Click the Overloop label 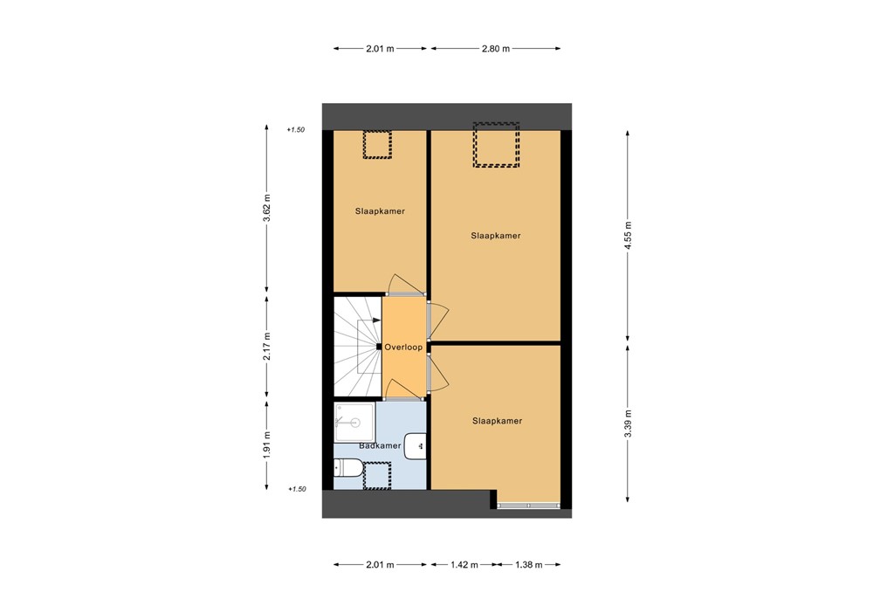[x=403, y=347]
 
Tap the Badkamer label [x=379, y=445]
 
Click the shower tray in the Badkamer [x=354, y=422]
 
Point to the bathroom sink [x=417, y=444]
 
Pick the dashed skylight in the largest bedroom [x=496, y=145]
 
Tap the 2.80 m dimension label [x=495, y=49]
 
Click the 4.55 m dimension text [x=627, y=235]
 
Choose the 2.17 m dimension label [x=267, y=346]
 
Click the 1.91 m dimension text [x=267, y=445]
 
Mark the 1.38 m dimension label [x=526, y=565]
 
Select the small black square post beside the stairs [x=379, y=347]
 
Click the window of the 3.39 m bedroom [x=528, y=505]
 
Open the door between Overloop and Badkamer [x=403, y=398]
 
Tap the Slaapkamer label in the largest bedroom [x=495, y=236]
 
